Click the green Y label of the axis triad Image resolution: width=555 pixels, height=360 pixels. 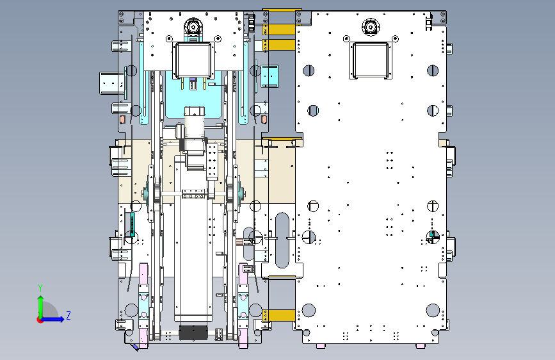pyautogui.click(x=40, y=288)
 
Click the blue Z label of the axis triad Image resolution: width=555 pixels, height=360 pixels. pyautogui.click(x=68, y=315)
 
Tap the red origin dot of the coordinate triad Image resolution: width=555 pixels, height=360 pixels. pyautogui.click(x=40, y=320)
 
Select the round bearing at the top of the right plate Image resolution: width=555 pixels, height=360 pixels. pyautogui.click(x=371, y=26)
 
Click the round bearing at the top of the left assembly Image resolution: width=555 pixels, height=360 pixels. pyautogui.click(x=193, y=26)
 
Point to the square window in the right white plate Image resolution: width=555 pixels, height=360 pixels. pyautogui.click(x=371, y=60)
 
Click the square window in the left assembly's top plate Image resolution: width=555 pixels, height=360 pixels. pyautogui.click(x=193, y=60)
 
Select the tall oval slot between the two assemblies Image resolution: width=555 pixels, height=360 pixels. pyautogui.click(x=282, y=240)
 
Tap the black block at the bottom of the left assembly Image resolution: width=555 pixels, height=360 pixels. pyautogui.click(x=193, y=332)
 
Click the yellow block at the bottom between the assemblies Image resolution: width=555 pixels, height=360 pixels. pyautogui.click(x=279, y=315)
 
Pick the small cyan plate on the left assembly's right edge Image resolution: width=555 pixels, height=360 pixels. pyautogui.click(x=269, y=76)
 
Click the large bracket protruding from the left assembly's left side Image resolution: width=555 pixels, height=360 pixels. pyautogui.click(x=112, y=83)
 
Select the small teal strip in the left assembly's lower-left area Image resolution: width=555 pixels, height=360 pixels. pyautogui.click(x=133, y=224)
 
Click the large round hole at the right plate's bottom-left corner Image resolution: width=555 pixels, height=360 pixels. pyautogui.click(x=309, y=311)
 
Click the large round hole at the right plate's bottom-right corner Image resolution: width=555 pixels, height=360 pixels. pyautogui.click(x=433, y=311)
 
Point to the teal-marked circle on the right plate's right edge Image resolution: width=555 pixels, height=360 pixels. pyautogui.click(x=432, y=237)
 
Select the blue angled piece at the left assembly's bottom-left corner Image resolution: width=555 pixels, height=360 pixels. pyautogui.click(x=135, y=347)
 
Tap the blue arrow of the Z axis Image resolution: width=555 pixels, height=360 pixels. pyautogui.click(x=53, y=319)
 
